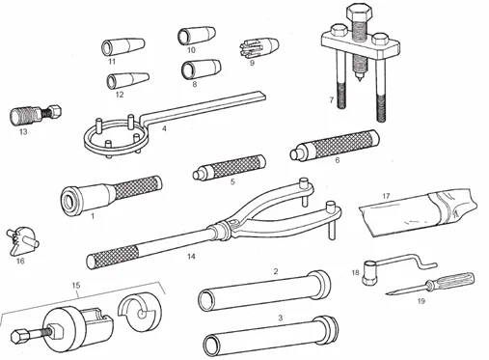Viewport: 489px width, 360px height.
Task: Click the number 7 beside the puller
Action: pos(332,100)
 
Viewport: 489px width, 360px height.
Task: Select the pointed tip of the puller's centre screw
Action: pos(359,78)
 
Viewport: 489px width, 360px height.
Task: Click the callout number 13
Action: pos(23,131)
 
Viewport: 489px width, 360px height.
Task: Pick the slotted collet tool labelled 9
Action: pos(259,48)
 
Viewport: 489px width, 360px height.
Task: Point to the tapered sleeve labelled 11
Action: pos(122,47)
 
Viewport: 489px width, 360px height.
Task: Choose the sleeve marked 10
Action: pos(197,36)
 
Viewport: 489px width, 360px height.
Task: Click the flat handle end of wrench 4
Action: pos(257,96)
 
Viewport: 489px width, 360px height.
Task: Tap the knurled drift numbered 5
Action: pos(230,167)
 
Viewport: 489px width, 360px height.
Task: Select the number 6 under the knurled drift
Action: pos(337,160)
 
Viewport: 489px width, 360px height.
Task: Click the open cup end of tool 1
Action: pos(70,202)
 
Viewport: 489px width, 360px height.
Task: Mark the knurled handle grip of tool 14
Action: pos(114,257)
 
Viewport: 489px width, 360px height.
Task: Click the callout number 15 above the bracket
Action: pos(76,285)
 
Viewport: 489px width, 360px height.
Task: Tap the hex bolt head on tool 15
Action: pos(18,337)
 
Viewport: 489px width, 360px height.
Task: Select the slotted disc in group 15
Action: pos(140,312)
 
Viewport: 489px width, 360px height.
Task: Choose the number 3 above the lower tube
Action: pos(281,318)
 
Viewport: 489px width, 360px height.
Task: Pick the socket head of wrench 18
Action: pos(369,273)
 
